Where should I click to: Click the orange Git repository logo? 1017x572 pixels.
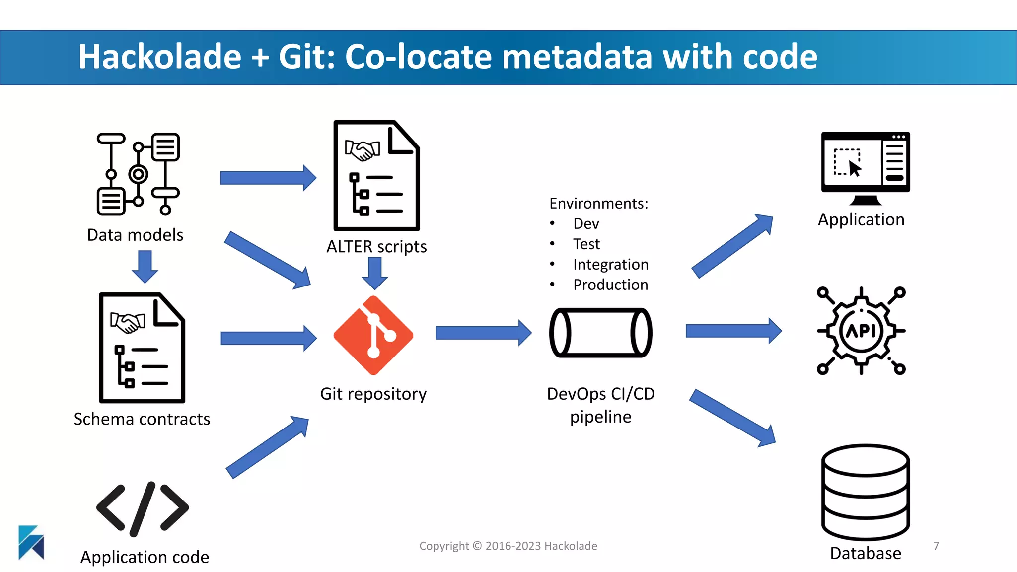tap(373, 335)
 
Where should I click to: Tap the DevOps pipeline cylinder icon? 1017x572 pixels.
tap(600, 333)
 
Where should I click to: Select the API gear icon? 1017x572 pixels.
tap(861, 331)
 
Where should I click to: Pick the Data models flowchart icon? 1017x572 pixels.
tap(138, 174)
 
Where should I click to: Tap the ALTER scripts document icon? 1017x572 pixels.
tap(376, 176)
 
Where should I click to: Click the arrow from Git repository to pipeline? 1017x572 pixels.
tap(483, 333)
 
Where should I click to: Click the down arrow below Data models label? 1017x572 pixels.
tap(145, 267)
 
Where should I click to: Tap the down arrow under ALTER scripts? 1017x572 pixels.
tap(375, 273)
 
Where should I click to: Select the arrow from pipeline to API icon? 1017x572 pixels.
tap(733, 331)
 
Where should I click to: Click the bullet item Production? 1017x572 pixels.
tap(610, 285)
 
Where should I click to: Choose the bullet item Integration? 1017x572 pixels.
tap(610, 264)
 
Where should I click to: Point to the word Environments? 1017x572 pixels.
tap(598, 204)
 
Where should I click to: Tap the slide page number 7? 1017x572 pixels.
tap(936, 546)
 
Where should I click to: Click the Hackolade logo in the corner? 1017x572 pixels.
tap(31, 542)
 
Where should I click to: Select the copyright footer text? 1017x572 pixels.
tap(508, 546)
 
